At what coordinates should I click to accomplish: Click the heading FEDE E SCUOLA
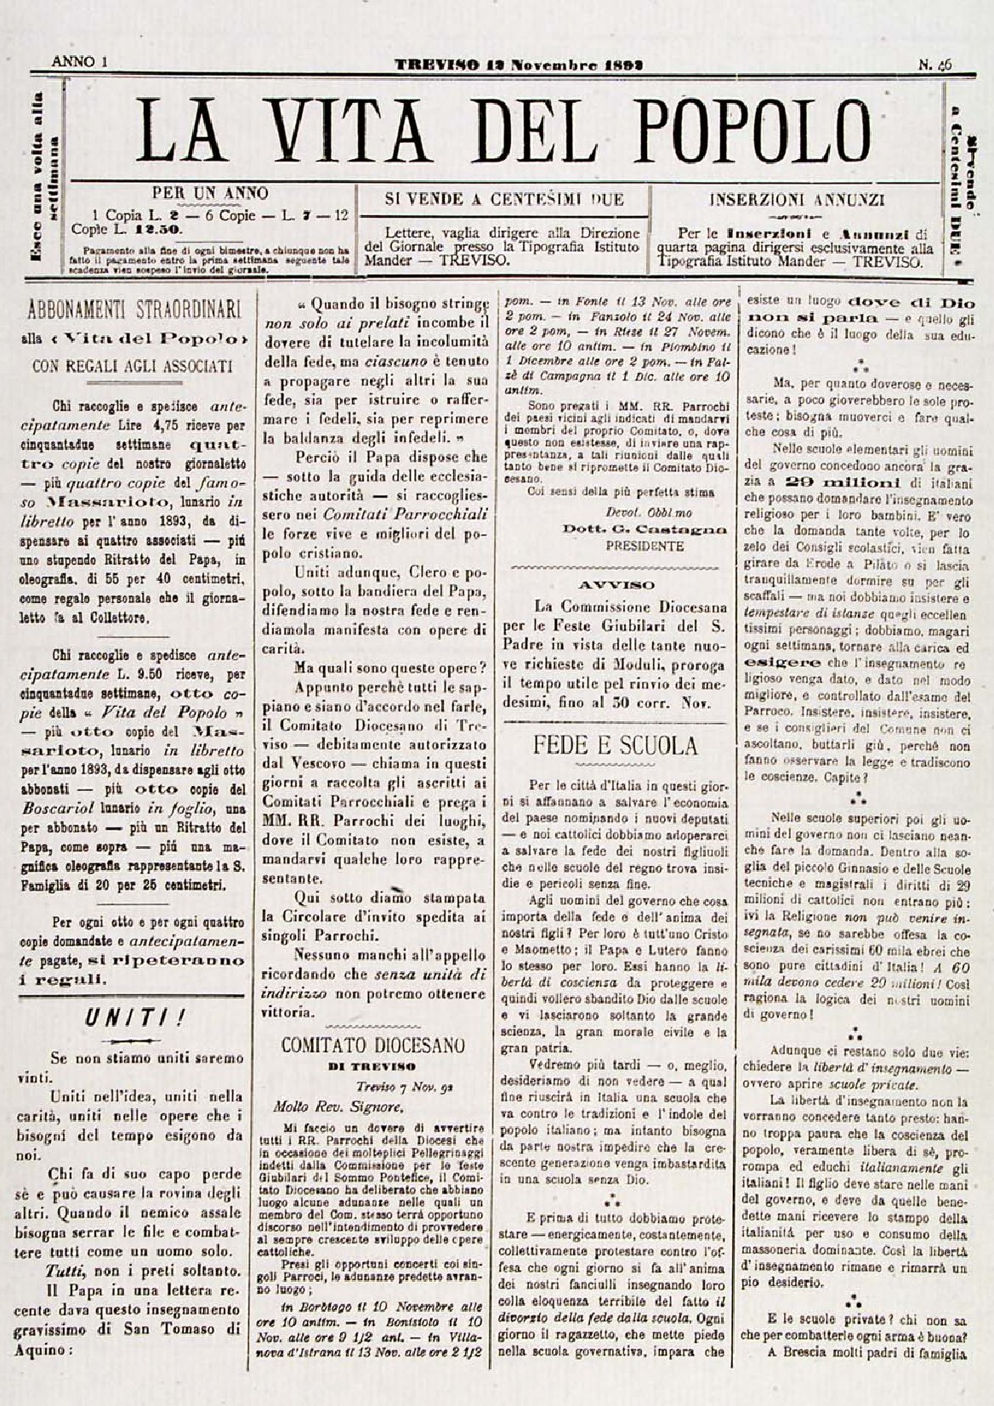[x=615, y=746]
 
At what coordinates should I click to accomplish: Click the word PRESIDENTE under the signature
[x=645, y=546]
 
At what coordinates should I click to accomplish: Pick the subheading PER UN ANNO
[x=209, y=193]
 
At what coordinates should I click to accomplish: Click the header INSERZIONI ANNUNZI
[x=797, y=201]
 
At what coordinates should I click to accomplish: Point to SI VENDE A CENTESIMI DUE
[x=505, y=200]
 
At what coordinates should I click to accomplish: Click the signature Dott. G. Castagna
[x=645, y=529]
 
